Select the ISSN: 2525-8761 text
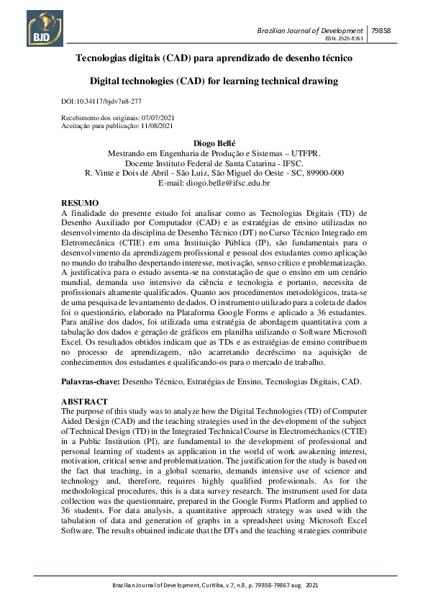(345, 37)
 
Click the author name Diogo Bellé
(214, 143)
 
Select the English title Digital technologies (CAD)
(214, 81)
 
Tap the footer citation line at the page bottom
(214, 587)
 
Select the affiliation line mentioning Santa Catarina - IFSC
(214, 163)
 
